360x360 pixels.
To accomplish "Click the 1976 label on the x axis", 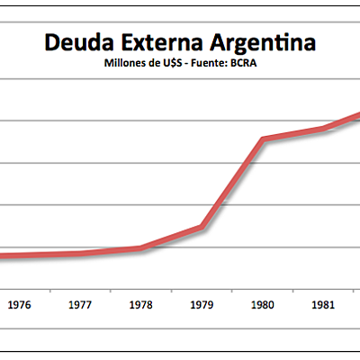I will pos(19,305).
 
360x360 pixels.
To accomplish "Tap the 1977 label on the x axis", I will pos(80,305).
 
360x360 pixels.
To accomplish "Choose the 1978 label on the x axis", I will pos(141,305).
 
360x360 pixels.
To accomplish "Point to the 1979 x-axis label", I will pos(202,305).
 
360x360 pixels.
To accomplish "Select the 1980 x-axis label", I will pos(264,305).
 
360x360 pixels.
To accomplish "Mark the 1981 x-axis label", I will pos(325,305).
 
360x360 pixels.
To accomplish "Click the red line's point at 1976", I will pos(19,256).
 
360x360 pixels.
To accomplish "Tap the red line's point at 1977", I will pos(80,254).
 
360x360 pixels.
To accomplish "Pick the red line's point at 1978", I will pos(141,248).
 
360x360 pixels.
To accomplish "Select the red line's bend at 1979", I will pos(202,227).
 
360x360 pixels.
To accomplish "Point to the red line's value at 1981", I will pos(325,129).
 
